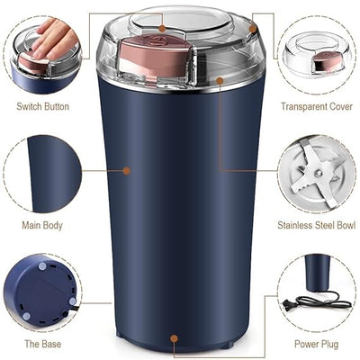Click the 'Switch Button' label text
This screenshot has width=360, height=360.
tap(42, 106)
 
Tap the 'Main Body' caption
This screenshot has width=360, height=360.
tap(42, 225)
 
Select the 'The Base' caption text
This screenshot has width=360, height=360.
tap(42, 344)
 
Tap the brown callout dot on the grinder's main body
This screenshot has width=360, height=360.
tap(127, 169)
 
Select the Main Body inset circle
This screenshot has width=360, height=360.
tap(42, 174)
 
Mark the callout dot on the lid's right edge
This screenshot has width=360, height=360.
tap(254, 29)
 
